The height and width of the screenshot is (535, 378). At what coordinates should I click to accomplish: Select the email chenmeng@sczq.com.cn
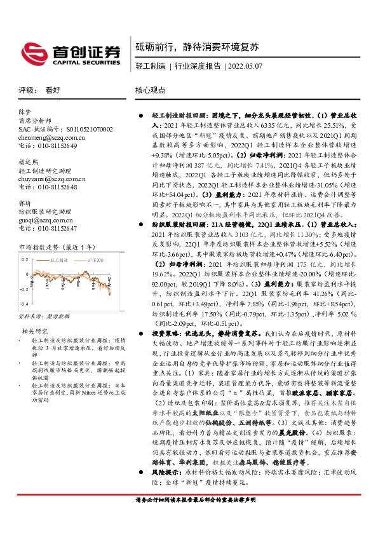click(x=48, y=137)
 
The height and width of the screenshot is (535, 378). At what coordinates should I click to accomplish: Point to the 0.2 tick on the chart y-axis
click(x=24, y=259)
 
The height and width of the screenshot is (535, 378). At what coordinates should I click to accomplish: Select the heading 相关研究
click(x=35, y=331)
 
